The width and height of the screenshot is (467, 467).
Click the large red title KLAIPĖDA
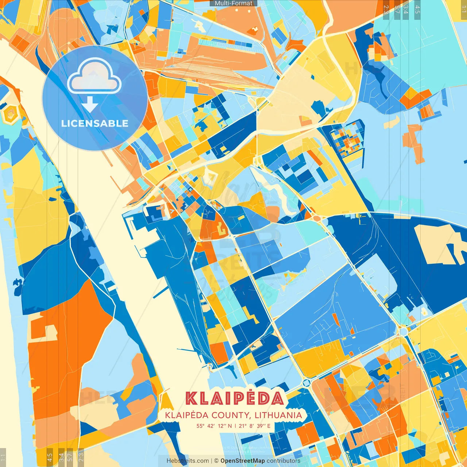(x=234, y=398)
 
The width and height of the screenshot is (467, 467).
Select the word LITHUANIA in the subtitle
(x=278, y=415)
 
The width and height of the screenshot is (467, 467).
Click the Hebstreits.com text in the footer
(x=188, y=461)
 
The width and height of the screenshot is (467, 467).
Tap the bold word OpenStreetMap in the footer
(x=243, y=461)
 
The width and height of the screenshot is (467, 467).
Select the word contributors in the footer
(x=283, y=461)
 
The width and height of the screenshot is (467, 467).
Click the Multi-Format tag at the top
(x=233, y=3)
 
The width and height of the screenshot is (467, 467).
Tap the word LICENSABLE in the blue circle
(x=95, y=123)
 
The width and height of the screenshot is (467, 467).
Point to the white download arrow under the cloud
(x=90, y=104)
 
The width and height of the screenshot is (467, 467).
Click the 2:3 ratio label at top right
(x=386, y=9)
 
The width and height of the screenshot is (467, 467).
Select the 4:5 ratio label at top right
(x=417, y=9)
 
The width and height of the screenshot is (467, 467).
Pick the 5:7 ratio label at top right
(x=397, y=9)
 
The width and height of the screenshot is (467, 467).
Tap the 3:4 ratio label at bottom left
(x=61, y=457)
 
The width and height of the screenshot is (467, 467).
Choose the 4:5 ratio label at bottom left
(x=50, y=457)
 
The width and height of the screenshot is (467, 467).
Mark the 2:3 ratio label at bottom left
(x=81, y=457)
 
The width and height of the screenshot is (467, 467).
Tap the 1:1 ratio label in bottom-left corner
(x=3, y=457)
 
